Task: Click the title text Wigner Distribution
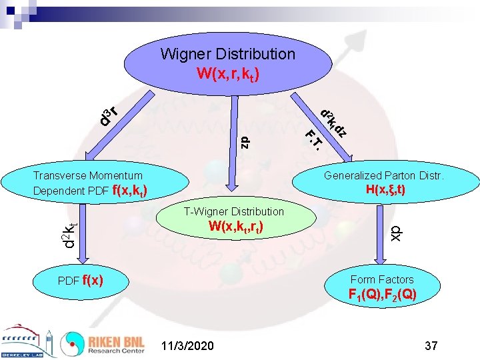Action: click(x=227, y=53)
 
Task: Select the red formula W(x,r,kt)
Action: click(x=227, y=72)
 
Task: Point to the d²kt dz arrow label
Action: click(x=333, y=123)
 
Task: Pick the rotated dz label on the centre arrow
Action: click(x=245, y=141)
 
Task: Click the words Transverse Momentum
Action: click(x=87, y=175)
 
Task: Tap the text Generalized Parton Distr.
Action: click(x=384, y=176)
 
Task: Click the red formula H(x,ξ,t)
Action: click(x=385, y=190)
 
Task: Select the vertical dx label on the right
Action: click(x=396, y=231)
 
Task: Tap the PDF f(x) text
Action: click(x=80, y=280)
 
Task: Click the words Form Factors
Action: click(x=382, y=279)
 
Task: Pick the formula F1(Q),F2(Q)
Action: click(x=383, y=295)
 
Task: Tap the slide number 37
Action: click(x=431, y=345)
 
